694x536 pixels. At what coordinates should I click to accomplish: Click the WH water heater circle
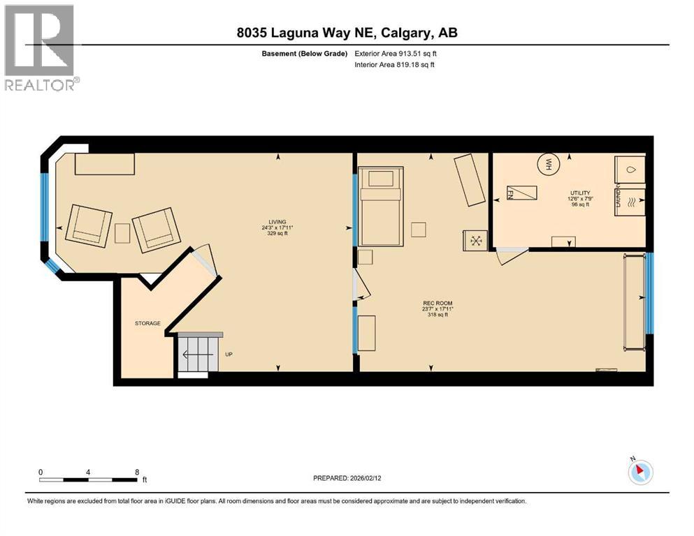pos(549,165)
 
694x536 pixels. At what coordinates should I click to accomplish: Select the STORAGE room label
pos(147,323)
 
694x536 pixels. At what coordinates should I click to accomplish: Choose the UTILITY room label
pos(580,193)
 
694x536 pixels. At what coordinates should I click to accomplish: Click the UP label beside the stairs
pos(229,355)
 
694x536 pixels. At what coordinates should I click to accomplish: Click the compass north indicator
pos(639,471)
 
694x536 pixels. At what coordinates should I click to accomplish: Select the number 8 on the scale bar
pos(136,472)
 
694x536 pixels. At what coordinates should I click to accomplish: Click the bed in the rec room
pos(381,206)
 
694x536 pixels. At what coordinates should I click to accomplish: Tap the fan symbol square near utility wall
pos(476,241)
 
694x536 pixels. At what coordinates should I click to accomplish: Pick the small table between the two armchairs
pos(122,232)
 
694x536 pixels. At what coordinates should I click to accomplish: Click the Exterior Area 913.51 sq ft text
pos(400,53)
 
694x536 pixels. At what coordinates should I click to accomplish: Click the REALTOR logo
pos(39,47)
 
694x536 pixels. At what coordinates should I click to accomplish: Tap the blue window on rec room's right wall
pos(649,293)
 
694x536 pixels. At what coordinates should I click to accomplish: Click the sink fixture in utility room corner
pos(630,169)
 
